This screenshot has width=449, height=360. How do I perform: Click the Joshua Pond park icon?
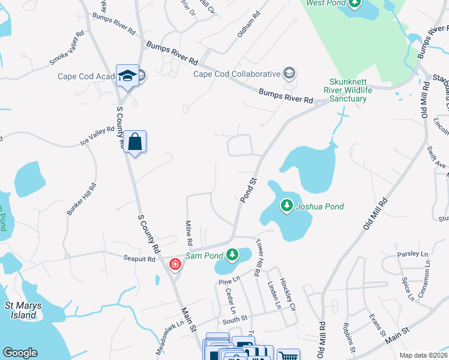(x=287, y=206)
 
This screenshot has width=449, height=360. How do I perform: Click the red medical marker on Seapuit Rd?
(x=175, y=264)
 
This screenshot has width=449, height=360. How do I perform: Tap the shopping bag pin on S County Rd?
(x=135, y=142)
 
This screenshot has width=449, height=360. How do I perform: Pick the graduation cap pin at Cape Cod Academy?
(x=127, y=76)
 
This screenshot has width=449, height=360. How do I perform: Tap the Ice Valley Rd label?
(x=97, y=136)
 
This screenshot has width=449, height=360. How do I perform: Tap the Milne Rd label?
(x=188, y=234)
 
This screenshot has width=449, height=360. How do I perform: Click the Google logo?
(x=20, y=353)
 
